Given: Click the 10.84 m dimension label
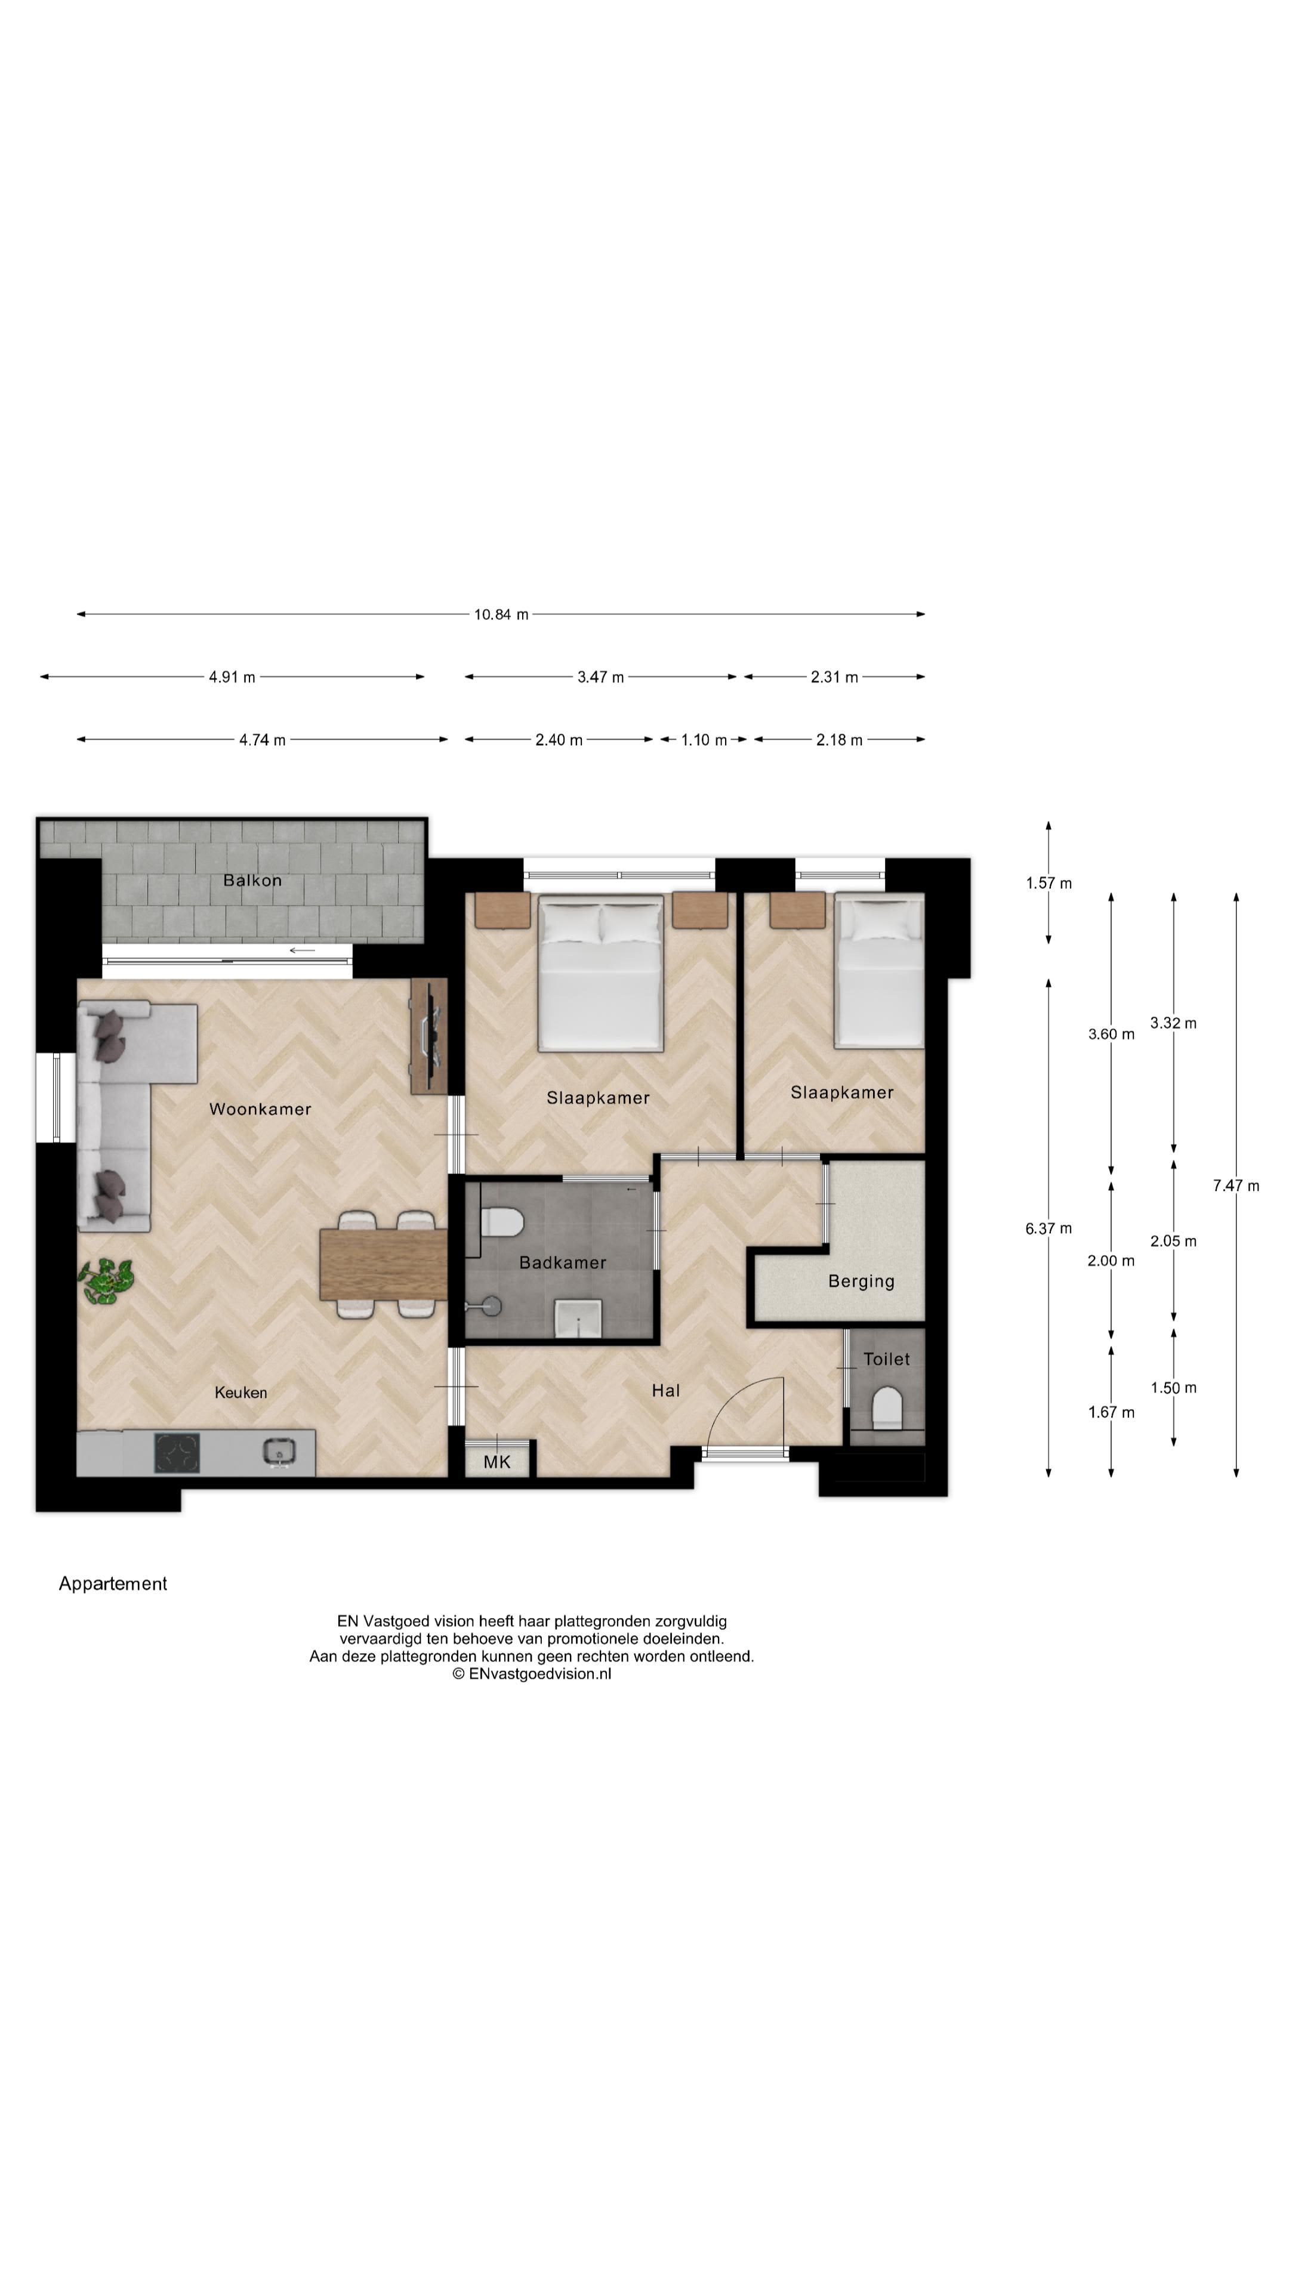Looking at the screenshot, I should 501,615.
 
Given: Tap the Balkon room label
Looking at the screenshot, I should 252,881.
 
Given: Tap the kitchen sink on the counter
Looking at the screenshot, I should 279,1452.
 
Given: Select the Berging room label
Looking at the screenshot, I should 860,1281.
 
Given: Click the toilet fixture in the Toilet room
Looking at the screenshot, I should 887,1408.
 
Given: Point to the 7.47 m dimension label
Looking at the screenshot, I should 1236,1185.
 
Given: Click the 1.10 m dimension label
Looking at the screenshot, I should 704,740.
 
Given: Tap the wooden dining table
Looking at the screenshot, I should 383,1264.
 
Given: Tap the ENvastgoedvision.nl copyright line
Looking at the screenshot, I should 531,1674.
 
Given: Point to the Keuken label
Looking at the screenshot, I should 240,1392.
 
